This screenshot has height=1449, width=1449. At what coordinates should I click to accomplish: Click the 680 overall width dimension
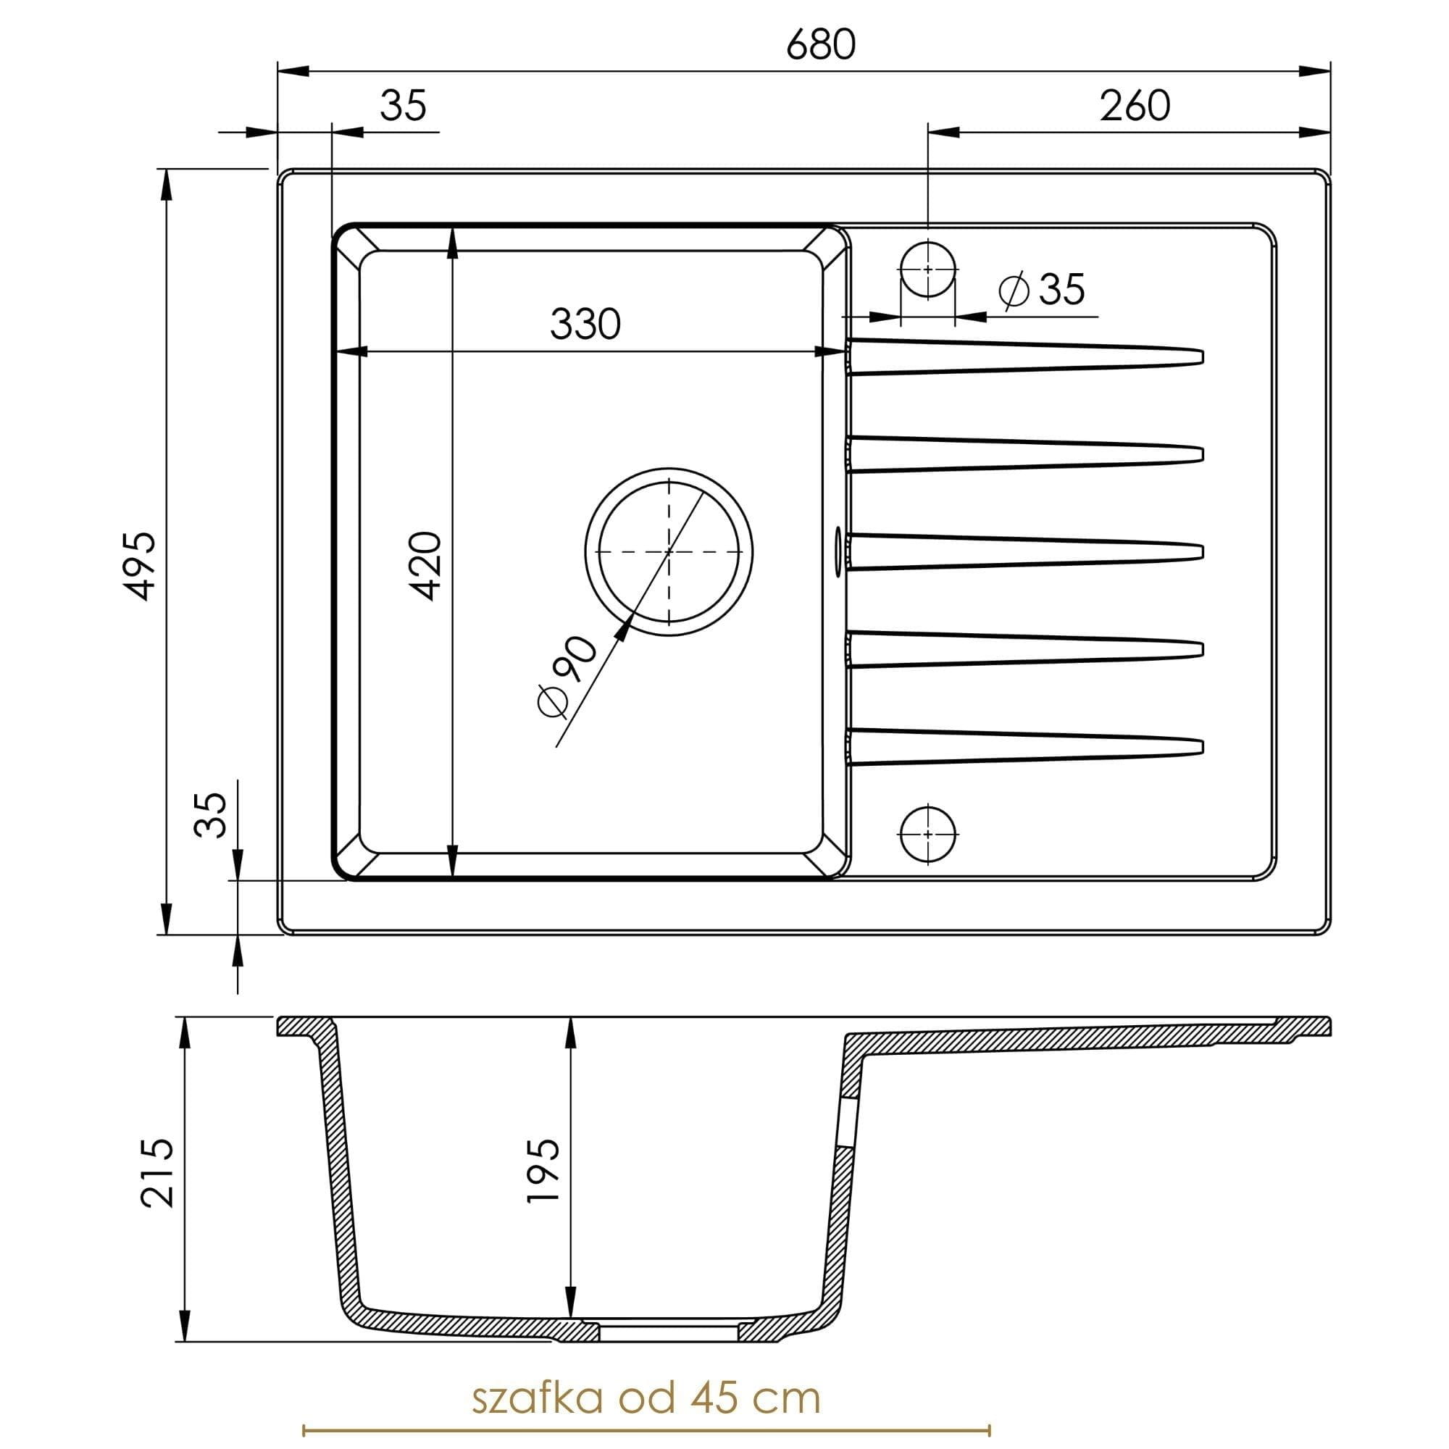click(821, 45)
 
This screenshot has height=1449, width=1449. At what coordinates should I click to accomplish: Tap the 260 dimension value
click(1134, 107)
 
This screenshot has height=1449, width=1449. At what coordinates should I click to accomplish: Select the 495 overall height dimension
click(141, 566)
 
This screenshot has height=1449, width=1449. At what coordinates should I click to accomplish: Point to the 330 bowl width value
click(585, 325)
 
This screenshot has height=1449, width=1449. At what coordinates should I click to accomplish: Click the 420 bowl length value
click(428, 566)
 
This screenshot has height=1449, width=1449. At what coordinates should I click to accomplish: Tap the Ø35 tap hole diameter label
click(1043, 290)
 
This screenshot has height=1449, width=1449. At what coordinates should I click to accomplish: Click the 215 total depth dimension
click(157, 1172)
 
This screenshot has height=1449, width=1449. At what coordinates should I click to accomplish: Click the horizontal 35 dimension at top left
click(403, 106)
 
